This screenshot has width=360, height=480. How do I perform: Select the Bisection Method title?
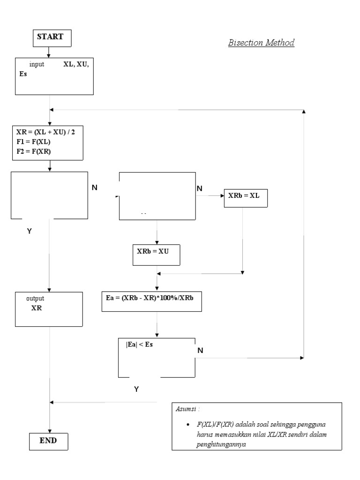[261, 43]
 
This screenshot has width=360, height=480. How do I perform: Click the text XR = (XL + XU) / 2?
[45, 132]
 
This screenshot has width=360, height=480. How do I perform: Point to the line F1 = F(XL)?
[33, 142]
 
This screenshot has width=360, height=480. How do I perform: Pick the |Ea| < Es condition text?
[140, 345]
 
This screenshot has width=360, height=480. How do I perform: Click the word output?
[35, 298]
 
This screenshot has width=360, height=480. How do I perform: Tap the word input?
[37, 65]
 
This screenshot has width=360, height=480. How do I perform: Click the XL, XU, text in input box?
[76, 65]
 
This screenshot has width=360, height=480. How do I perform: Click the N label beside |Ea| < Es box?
[200, 350]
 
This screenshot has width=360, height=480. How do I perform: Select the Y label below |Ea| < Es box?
[136, 389]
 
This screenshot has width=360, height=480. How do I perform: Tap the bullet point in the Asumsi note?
[187, 424]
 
